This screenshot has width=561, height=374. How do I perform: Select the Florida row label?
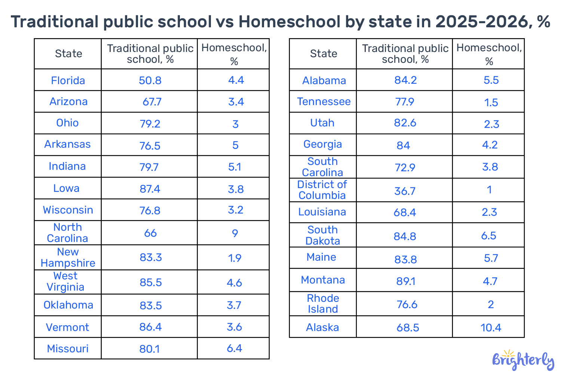tap(68, 80)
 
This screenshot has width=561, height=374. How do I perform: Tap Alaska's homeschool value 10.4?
tap(491, 328)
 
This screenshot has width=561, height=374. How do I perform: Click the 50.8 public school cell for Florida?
tap(150, 80)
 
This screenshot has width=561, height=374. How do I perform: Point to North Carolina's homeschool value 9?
tap(235, 233)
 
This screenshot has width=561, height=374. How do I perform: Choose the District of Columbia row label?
tap(322, 190)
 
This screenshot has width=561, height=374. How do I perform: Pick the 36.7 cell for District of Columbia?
tap(405, 191)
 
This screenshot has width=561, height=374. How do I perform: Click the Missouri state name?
tap(68, 349)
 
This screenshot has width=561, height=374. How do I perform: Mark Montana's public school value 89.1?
tap(406, 281)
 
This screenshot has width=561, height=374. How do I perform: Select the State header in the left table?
tap(68, 53)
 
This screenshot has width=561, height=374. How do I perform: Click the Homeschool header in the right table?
tap(489, 54)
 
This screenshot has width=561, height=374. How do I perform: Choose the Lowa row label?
tap(66, 188)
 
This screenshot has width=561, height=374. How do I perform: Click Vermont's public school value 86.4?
tap(150, 327)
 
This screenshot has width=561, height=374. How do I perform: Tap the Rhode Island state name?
tap(323, 304)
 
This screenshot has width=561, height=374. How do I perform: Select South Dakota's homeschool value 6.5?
tap(488, 236)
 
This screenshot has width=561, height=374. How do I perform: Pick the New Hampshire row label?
tap(68, 257)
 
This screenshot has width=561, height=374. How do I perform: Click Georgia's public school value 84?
tap(403, 145)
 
